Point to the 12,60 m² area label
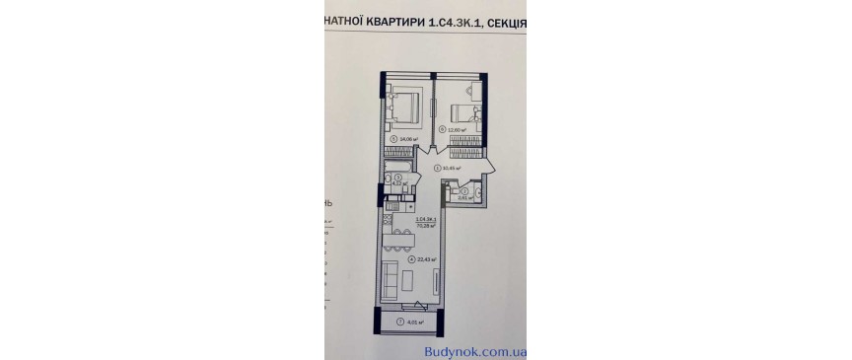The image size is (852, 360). [x=456, y=129]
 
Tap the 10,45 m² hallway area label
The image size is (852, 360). [x=452, y=169]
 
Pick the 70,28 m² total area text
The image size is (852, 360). [x=427, y=225]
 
